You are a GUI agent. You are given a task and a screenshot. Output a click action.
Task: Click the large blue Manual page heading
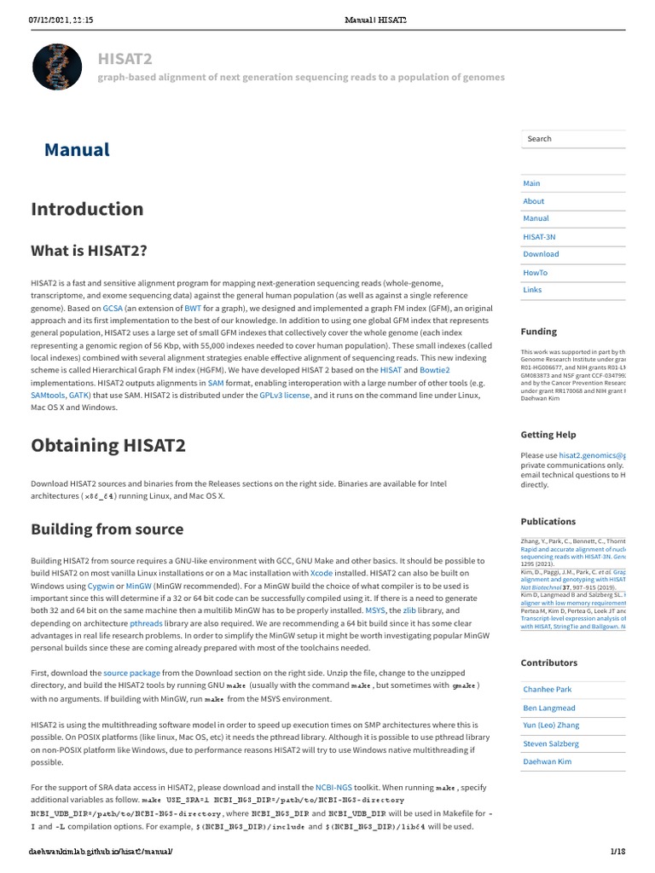pos(77,150)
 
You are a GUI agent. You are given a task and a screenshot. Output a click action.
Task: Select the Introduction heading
pos(87,209)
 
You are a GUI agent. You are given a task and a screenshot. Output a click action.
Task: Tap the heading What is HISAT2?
pos(89,251)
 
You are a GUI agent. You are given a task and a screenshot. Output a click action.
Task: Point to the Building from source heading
pos(107,529)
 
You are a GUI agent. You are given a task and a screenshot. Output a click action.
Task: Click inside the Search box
pos(571,139)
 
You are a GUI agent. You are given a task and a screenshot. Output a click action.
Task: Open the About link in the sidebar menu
pos(533,201)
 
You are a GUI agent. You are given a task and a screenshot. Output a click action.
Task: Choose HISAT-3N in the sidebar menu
pos(539,236)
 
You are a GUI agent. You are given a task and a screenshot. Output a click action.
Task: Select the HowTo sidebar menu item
pos(535,273)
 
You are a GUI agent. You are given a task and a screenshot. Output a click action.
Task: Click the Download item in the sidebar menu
pos(541,254)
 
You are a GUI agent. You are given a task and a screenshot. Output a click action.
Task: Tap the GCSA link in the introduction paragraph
pos(113,306)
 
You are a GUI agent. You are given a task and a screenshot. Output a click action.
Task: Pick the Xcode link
pos(322,574)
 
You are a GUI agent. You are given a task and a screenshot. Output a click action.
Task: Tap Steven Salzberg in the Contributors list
pos(550,744)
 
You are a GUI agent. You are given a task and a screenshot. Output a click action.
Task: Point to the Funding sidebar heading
pos(538,332)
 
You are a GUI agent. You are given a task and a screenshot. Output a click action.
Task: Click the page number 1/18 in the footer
pos(617,852)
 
